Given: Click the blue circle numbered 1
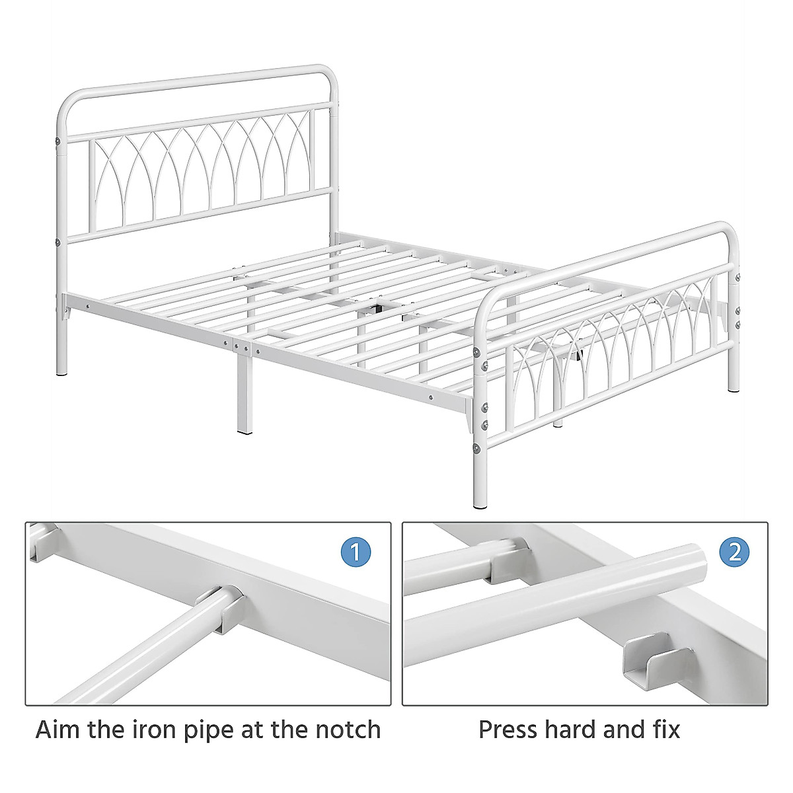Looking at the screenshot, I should (356, 552).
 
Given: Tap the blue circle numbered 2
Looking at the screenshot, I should (734, 552).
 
